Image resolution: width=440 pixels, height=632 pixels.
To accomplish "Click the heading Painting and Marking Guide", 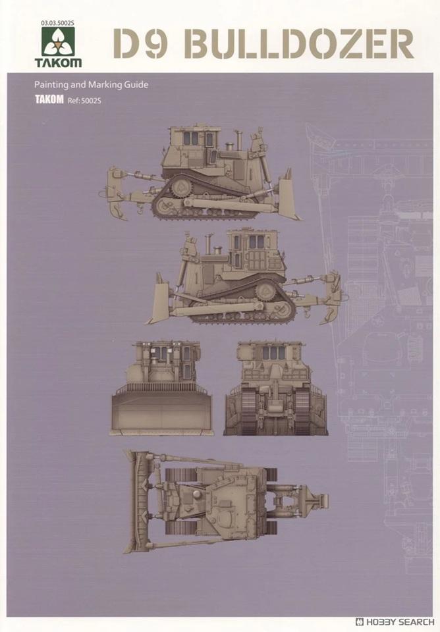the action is [91, 85].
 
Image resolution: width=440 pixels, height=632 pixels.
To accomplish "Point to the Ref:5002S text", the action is [84, 101].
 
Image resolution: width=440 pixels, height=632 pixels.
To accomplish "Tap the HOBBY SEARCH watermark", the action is [396, 621].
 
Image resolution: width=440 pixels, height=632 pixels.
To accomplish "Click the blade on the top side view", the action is [290, 196].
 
